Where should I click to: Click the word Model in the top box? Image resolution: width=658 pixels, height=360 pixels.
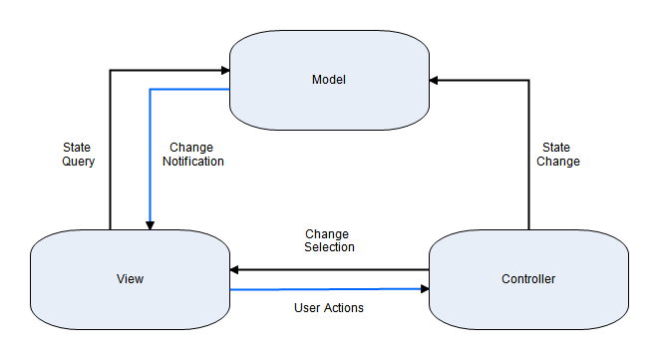329,80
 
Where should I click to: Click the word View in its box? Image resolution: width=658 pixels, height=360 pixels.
130,278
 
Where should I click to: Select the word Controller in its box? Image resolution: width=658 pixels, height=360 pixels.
527,278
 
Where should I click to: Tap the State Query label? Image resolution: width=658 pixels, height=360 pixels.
78,154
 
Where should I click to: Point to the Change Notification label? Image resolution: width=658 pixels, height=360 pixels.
192,154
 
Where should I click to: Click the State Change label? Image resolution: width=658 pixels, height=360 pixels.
555,154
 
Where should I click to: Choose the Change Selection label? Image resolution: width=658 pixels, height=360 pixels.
329,240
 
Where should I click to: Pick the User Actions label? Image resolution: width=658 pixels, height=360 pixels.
329,308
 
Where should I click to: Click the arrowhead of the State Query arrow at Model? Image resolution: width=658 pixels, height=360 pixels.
224,70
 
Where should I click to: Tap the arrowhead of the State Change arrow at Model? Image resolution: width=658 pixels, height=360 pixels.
435,79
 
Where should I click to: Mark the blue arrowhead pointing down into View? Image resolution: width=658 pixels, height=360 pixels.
150,224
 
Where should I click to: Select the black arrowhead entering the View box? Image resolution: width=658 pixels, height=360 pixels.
235,269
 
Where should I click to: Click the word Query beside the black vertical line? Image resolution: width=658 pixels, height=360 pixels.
78,161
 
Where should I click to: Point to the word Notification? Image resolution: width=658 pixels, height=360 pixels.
192,161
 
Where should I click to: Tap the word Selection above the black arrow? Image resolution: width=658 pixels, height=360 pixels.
329,247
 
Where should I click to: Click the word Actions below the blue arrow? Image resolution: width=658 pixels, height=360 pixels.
343,308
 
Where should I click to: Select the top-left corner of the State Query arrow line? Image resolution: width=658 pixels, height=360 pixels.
110,70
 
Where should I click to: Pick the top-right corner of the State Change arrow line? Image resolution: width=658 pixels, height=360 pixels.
527,79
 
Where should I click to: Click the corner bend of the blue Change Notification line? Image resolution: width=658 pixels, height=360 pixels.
150,90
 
